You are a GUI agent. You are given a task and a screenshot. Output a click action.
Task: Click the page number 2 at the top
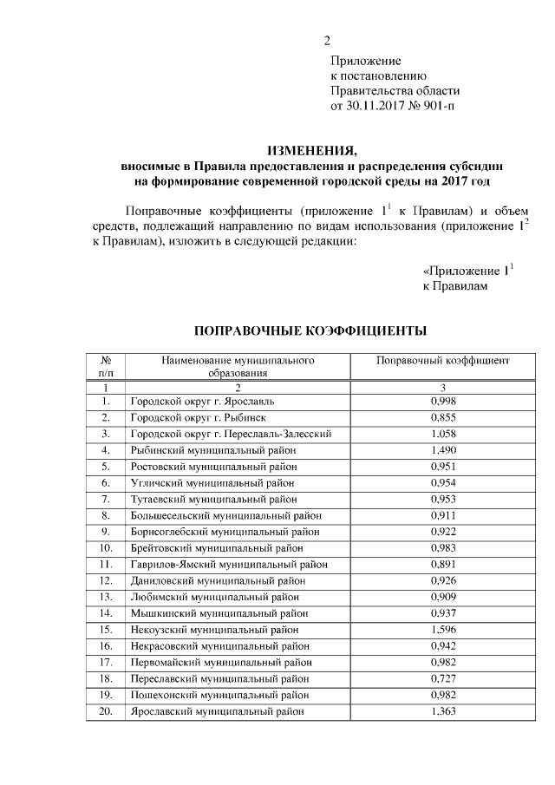click(x=327, y=41)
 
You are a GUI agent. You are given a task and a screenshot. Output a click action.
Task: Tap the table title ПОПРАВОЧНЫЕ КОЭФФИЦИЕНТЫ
click(x=310, y=330)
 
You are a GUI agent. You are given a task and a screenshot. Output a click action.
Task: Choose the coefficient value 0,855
click(x=443, y=417)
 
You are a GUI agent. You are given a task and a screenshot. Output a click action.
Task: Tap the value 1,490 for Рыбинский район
click(x=443, y=449)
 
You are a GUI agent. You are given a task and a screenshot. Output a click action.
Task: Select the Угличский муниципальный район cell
click(x=212, y=481)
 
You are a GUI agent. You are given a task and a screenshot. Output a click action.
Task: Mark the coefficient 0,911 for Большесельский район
click(x=443, y=514)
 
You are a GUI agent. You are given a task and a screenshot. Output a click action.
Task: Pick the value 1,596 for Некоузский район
click(x=443, y=629)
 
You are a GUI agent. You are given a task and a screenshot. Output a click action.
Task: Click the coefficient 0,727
click(x=443, y=677)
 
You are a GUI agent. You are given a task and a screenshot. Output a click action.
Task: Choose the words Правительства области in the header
click(x=395, y=91)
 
